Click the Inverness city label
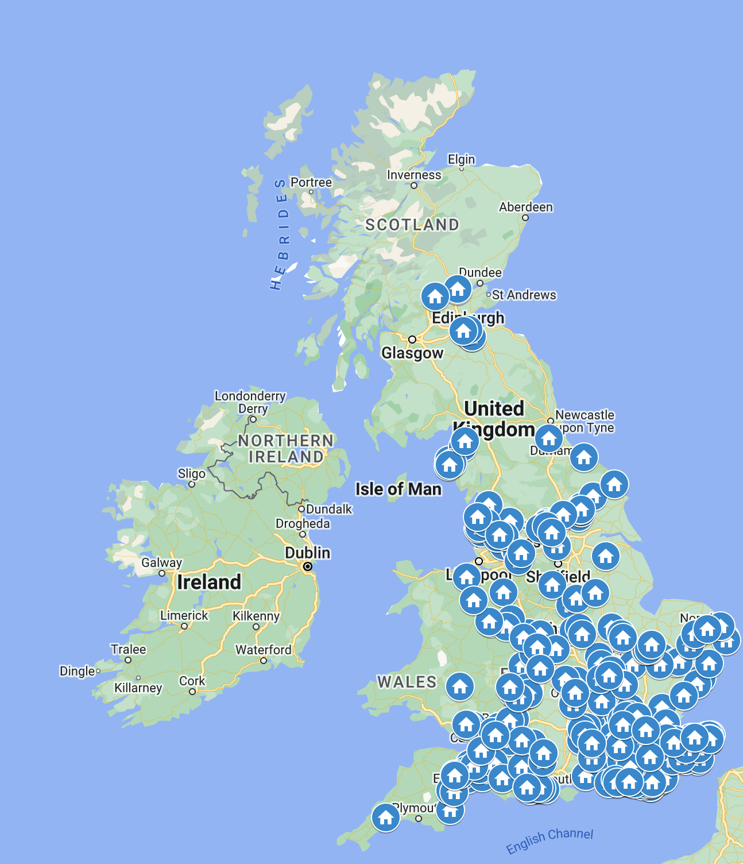pos(414,175)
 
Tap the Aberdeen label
pos(525,207)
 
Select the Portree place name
pos(311,182)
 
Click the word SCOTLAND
pos(412,225)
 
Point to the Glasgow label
pos(412,353)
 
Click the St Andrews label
pos(524,295)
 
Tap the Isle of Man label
pos(398,489)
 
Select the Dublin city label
pos(308,553)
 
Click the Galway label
pos(161,562)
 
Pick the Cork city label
pos(192,681)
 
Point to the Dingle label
pos(77,671)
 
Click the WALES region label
pos(407,682)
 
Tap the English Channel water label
pos(549,840)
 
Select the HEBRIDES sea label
pos(280,234)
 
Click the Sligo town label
pos(191,473)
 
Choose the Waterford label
pos(264,650)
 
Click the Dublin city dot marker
pos(308,566)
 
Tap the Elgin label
pos(461,159)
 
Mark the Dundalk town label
pos(328,509)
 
